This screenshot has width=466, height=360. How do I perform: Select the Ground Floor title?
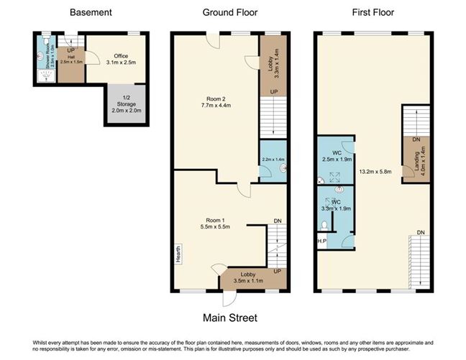(x=230, y=12)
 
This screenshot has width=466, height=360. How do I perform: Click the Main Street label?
(x=230, y=317)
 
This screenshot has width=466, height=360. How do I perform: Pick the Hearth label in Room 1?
(x=177, y=253)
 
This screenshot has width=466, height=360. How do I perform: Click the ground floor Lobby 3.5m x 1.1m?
(x=247, y=277)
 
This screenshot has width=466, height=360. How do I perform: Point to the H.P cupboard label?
(x=321, y=241)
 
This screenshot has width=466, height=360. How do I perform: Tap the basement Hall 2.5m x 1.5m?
(x=72, y=60)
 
